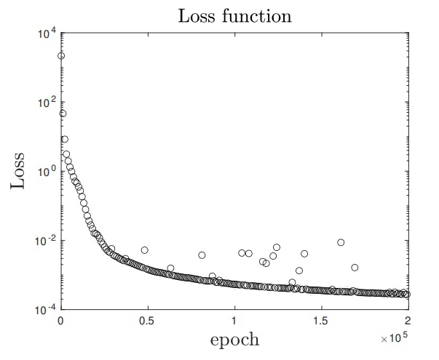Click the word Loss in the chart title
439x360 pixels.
(199, 15)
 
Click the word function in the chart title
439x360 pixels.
(256, 15)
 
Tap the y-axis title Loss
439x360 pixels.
(21, 171)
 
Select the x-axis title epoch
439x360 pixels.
(234, 339)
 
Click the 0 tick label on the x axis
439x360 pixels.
(60, 321)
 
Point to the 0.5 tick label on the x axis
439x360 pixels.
(147, 321)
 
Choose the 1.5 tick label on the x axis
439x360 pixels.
(320, 321)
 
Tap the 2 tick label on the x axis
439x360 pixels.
(407, 321)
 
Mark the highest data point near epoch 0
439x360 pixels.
(61, 56)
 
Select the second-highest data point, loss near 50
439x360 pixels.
(63, 113)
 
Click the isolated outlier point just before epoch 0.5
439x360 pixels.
(145, 250)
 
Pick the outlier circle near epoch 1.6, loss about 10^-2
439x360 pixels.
(341, 242)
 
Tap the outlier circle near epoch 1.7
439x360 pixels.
(355, 268)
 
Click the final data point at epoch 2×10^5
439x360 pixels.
(407, 295)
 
